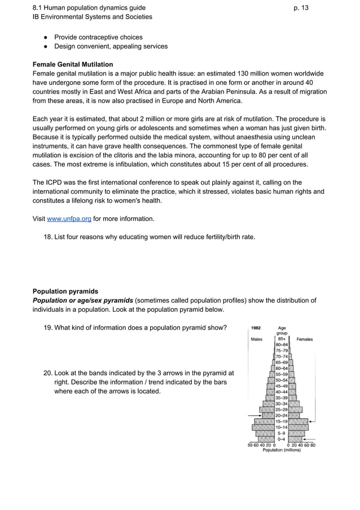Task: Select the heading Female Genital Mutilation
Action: click(73, 64)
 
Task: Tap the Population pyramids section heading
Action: click(65, 291)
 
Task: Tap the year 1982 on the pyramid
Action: click(256, 328)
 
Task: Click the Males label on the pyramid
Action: click(257, 339)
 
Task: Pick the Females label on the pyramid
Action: click(305, 339)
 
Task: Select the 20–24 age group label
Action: click(282, 415)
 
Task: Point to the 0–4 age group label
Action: click(281, 439)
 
